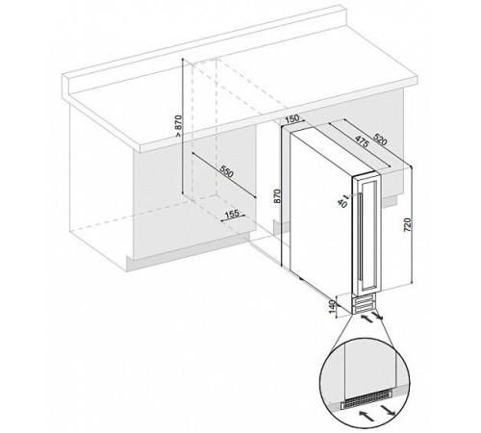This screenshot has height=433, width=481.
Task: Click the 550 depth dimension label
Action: (227, 172)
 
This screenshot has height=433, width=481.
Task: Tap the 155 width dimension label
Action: (232, 214)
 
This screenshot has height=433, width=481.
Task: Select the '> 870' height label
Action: (178, 126)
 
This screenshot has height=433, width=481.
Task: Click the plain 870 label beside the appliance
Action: (277, 196)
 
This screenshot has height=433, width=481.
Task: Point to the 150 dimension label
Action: (292, 119)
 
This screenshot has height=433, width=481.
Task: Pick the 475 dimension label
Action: (362, 141)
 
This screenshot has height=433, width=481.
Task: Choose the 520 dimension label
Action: (380, 139)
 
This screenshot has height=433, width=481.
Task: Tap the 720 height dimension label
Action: (407, 225)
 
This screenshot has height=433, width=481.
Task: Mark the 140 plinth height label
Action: (333, 307)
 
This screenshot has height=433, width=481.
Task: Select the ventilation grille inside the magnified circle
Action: (367, 403)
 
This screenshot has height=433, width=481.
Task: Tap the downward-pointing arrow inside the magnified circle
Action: (388, 411)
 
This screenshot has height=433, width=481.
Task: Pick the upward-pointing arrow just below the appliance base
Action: (367, 318)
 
